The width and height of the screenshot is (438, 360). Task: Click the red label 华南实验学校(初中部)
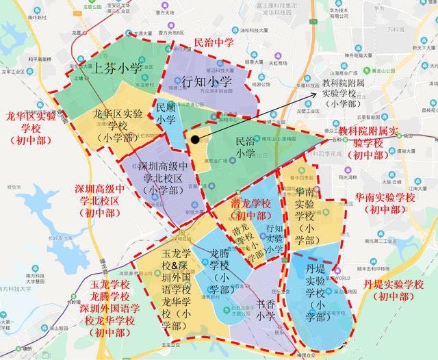click(385, 203)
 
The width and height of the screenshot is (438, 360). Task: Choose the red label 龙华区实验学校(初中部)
click(31, 128)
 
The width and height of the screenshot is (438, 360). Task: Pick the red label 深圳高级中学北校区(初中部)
click(100, 201)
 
